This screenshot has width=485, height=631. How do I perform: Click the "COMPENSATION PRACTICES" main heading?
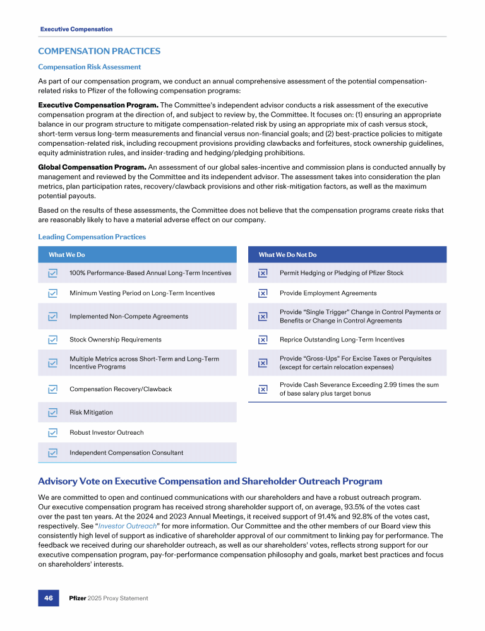pyautogui.click(x=99, y=51)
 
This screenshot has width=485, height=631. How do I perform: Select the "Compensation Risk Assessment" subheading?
pyautogui.click(x=89, y=67)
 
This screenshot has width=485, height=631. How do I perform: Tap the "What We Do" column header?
pyautogui.click(x=67, y=255)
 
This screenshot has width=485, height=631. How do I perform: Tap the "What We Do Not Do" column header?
pyautogui.click(x=287, y=255)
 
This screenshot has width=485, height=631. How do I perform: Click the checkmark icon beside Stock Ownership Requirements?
pyautogui.click(x=53, y=339)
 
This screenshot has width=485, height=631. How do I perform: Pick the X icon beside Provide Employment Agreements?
pyautogui.click(x=263, y=293)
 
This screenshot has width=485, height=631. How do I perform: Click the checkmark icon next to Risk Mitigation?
pyautogui.click(x=53, y=413)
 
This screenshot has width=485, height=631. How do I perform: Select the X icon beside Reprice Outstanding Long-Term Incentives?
pyautogui.click(x=263, y=339)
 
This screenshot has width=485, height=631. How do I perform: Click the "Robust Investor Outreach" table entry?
pyautogui.click(x=106, y=433)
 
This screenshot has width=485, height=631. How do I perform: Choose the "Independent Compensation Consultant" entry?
pyautogui.click(x=126, y=453)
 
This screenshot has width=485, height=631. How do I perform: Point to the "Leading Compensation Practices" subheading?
pyautogui.click(x=92, y=237)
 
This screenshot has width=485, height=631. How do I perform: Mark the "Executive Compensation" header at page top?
pyautogui.click(x=76, y=29)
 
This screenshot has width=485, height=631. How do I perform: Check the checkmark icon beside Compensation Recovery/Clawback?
pyautogui.click(x=53, y=389)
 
